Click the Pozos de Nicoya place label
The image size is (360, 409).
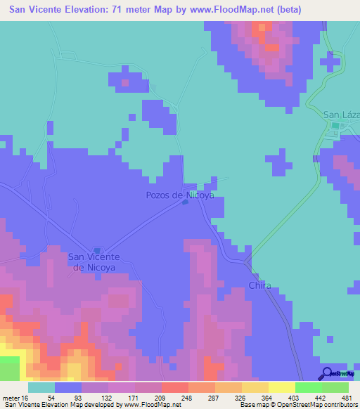(x=179, y=195)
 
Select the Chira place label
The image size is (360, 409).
(x=259, y=286)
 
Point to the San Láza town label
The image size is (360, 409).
(x=340, y=115)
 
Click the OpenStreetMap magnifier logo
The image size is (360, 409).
(x=328, y=373)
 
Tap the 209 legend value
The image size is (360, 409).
(x=148, y=397)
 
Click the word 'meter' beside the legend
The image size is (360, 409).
(x=11, y=397)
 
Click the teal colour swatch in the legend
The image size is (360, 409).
(x=41, y=387)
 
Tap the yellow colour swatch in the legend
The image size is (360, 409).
(x=282, y=387)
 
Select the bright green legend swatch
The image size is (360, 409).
(x=309, y=387)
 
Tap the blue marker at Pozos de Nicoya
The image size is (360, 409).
(x=185, y=203)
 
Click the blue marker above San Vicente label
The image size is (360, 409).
(x=98, y=250)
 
